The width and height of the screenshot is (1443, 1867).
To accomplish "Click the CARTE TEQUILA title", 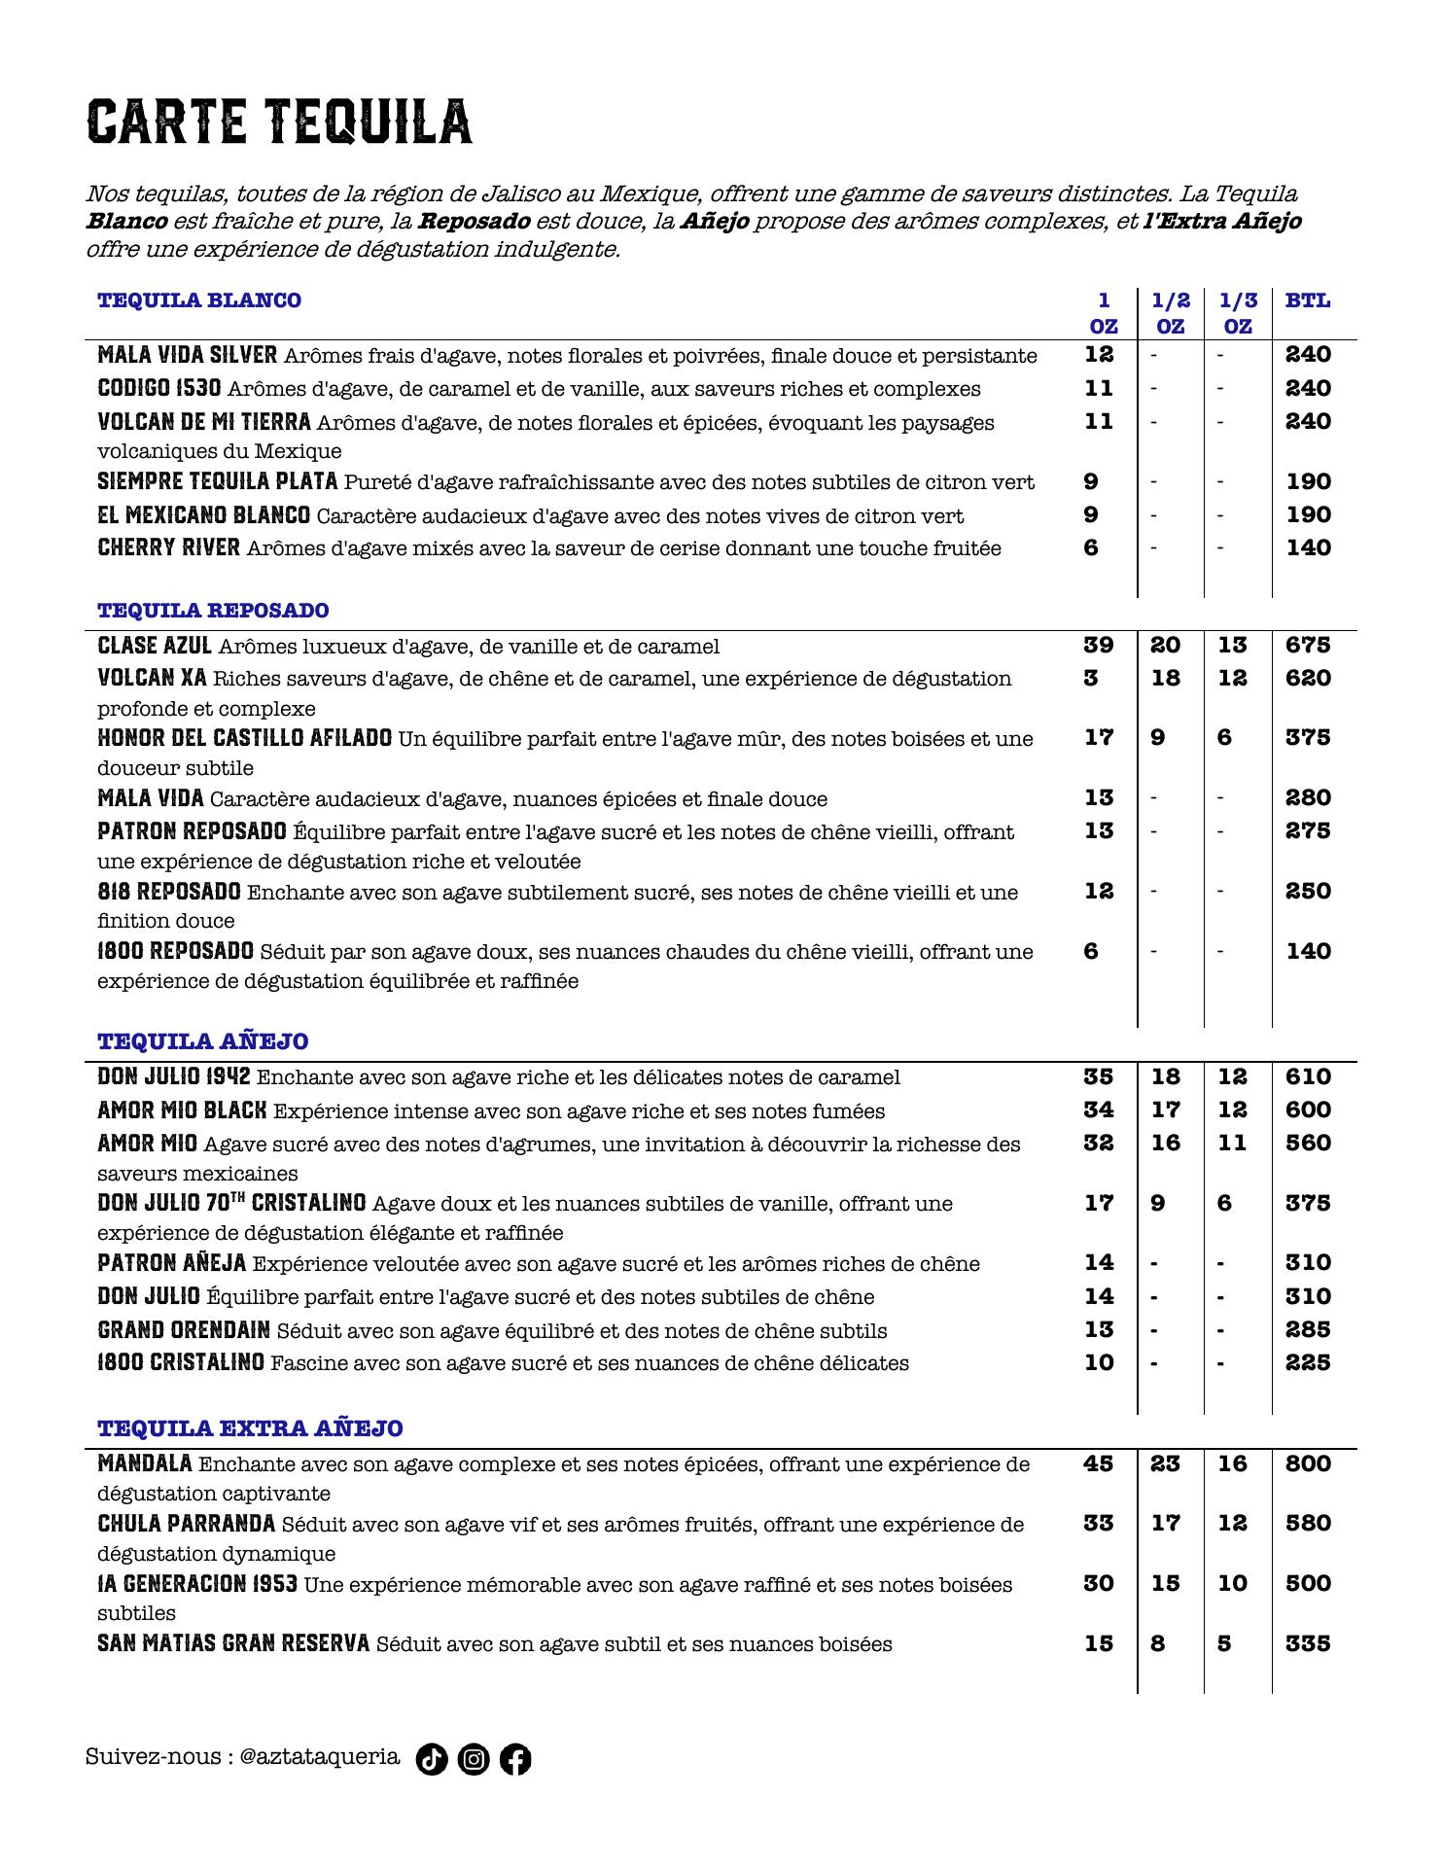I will [x=279, y=122].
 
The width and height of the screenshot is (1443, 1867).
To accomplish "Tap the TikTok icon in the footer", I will [x=432, y=1759].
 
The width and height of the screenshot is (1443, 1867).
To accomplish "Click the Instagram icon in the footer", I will [x=474, y=1759].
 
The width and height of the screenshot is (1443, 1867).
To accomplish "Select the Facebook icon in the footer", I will [x=515, y=1759].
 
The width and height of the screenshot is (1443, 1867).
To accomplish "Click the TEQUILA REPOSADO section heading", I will [x=213, y=611].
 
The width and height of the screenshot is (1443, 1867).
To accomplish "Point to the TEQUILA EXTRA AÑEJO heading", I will [x=250, y=1428].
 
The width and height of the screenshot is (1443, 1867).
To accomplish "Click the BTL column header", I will [x=1308, y=300].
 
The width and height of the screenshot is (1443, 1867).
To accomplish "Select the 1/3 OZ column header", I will [x=1238, y=313].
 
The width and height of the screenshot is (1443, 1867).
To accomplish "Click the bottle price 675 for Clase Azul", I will [x=1308, y=646].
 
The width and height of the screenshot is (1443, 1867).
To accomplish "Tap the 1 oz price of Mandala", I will [x=1099, y=1463].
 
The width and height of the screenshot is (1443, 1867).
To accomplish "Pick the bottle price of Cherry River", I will [x=1308, y=548].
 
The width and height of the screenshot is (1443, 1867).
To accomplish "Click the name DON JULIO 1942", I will [x=174, y=1077].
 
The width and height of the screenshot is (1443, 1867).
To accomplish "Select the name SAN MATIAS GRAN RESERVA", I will [x=233, y=1644].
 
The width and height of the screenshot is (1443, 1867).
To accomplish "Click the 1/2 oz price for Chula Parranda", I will [x=1165, y=1524].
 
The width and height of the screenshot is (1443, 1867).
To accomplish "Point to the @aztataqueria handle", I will [x=319, y=1757].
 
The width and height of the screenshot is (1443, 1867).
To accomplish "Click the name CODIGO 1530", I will [x=159, y=389].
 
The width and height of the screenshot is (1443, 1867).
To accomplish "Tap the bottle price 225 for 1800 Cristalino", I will [x=1308, y=1363].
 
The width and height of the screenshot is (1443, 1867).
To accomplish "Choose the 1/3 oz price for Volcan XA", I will [x=1232, y=679].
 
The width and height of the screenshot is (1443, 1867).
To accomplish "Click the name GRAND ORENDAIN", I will [x=184, y=1330].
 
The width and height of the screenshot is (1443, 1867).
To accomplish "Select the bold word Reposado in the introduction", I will [x=474, y=222].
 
